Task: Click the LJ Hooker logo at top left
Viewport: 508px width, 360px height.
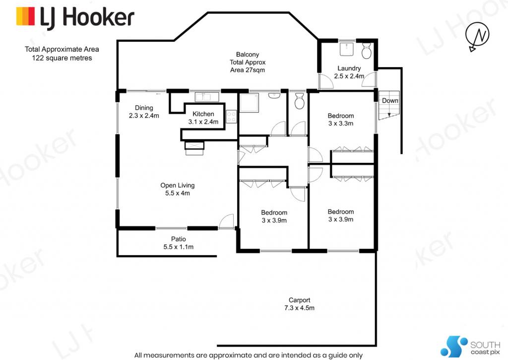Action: [x=75, y=18]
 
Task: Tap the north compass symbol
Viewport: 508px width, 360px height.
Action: [x=478, y=36]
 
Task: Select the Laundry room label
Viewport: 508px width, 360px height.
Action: [x=349, y=72]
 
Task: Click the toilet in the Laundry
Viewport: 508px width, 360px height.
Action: [x=367, y=50]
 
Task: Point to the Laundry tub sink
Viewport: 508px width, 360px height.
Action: [x=347, y=48]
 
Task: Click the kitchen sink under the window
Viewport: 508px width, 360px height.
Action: [x=207, y=97]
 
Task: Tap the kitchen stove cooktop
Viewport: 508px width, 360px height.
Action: [x=231, y=117]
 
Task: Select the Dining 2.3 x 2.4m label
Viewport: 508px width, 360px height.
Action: [x=144, y=112]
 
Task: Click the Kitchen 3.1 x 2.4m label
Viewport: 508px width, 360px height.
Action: [x=203, y=118]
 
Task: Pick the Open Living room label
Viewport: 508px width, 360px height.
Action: [x=178, y=189]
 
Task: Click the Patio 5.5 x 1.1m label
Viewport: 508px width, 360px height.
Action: [x=179, y=243]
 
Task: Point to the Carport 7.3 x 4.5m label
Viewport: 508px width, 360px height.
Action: [x=299, y=304]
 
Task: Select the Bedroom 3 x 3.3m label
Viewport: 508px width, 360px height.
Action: [x=340, y=119]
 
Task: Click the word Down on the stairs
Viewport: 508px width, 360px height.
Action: [x=390, y=100]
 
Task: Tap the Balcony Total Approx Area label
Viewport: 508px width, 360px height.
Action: [x=248, y=62]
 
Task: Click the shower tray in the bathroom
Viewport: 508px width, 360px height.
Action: [x=249, y=103]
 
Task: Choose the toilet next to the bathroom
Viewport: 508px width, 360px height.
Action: [x=299, y=101]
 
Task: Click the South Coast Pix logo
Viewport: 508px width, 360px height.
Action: [x=470, y=347]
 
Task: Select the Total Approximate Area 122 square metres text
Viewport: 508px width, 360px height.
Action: [x=62, y=54]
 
